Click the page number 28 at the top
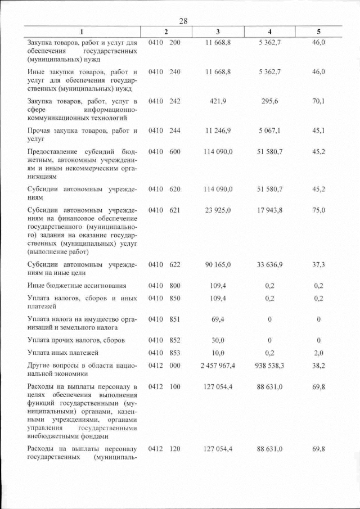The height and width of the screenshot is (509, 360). click(x=183, y=21)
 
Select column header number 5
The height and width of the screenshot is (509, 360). click(x=318, y=31)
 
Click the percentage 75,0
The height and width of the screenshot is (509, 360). click(x=318, y=210)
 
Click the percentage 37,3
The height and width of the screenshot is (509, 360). click(x=318, y=264)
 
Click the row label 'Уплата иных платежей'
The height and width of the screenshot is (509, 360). click(x=63, y=353)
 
